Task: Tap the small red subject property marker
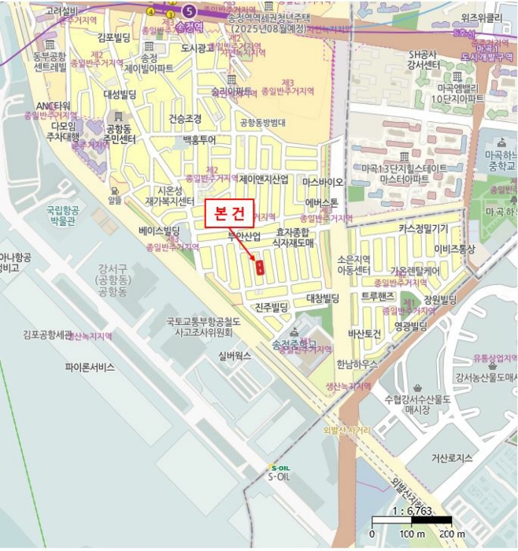pos(259,267)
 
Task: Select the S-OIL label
pos(280,476)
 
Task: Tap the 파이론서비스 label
pos(90,367)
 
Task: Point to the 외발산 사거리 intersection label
pos(346,431)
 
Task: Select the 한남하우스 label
pos(357,364)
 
